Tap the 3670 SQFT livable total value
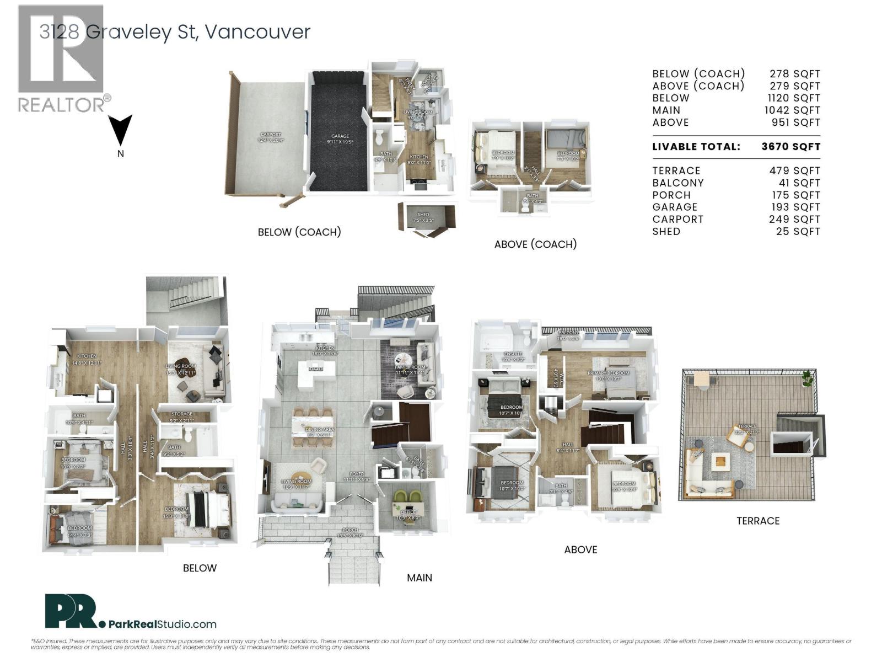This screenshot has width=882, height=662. [x=790, y=147]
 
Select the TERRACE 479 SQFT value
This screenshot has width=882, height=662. [x=794, y=171]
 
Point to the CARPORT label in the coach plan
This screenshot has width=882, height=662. [x=270, y=135]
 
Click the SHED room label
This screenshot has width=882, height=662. [x=423, y=215]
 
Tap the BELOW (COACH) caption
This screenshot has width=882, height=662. [x=299, y=232]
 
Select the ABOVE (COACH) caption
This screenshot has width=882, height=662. [x=535, y=244]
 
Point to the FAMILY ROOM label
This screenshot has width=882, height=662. [x=410, y=367]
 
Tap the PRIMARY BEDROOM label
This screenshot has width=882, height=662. [x=604, y=373]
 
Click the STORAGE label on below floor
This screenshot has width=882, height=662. [x=181, y=414]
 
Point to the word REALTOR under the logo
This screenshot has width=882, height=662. [x=61, y=105]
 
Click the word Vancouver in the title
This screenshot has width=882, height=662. [x=257, y=32]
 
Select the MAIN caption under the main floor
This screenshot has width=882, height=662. [x=420, y=578]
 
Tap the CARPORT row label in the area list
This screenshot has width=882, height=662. [x=677, y=220]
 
